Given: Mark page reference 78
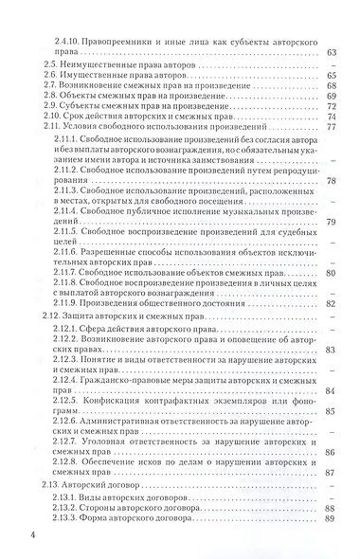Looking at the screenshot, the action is tap(332, 207).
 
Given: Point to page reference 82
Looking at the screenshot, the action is tap(332, 331).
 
